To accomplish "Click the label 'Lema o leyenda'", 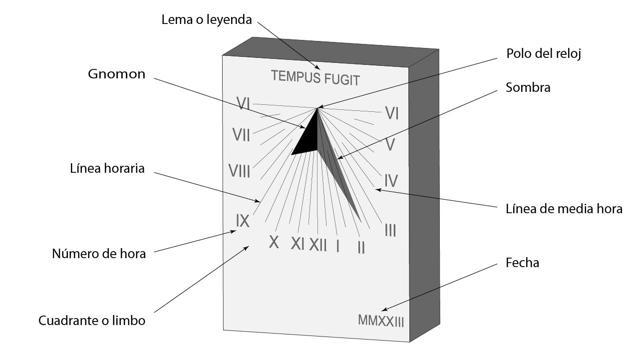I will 207,20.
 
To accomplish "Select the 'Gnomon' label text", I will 117,74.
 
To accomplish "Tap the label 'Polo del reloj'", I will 544,53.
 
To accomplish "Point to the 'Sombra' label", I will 528,87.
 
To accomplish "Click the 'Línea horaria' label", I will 107,169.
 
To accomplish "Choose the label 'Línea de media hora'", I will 564,209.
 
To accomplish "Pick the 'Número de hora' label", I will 99,254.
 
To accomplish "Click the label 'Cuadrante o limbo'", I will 92,321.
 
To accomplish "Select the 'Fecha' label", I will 522,263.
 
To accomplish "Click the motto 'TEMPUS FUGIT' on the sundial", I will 315,78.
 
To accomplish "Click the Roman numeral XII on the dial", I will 318,245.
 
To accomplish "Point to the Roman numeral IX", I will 243,221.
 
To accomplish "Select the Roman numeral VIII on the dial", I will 239,171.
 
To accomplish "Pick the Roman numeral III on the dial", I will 390,230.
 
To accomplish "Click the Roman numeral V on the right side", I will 390,145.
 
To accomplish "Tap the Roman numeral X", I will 274,242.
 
